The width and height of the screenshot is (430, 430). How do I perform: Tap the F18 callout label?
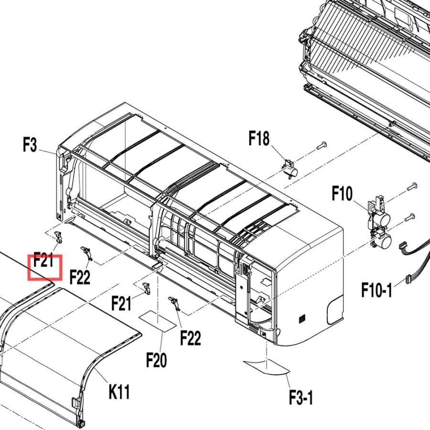pos(259,138)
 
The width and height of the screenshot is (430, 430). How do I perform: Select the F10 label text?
pos(342,193)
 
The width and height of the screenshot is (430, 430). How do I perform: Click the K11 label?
pos(119,392)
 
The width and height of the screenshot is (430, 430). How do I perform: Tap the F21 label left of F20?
pos(121,303)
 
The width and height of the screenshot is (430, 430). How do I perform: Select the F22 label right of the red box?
pos(80,277)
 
